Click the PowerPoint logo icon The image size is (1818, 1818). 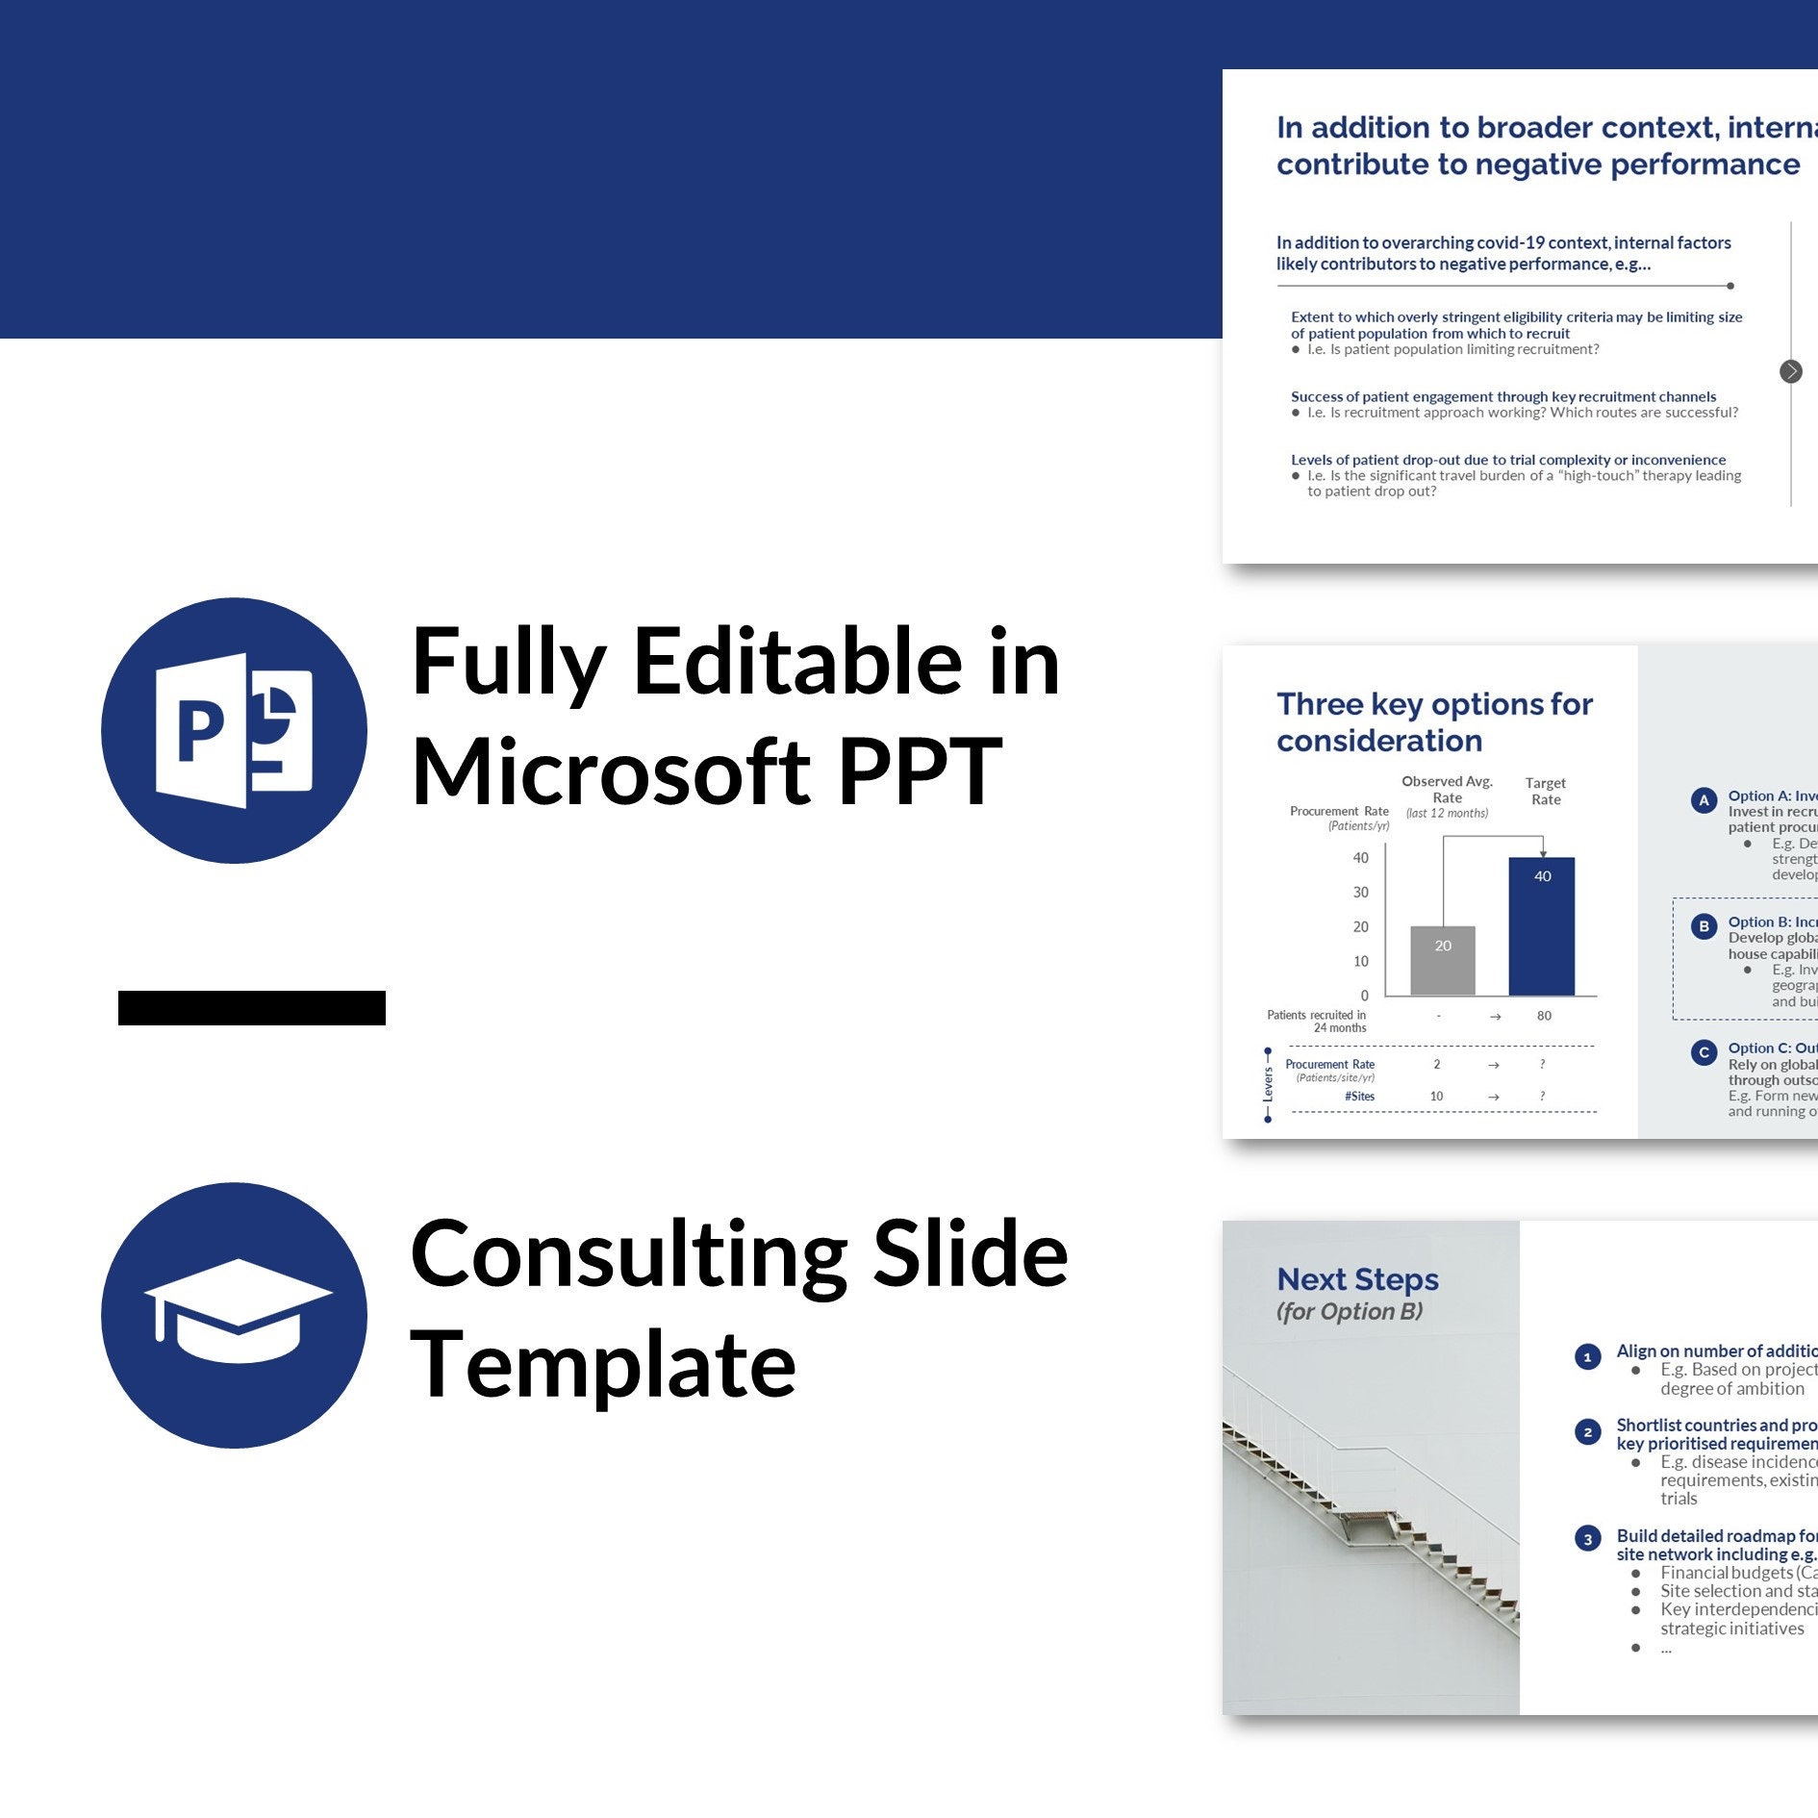pos(234,731)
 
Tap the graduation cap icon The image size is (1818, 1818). pos(234,1314)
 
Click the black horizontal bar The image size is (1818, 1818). pos(252,1008)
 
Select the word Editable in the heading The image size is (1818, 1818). pos(797,663)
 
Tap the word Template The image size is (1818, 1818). pos(603,1364)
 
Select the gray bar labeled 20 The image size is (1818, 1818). pos(1442,960)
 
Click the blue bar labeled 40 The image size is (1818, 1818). pos(1541,925)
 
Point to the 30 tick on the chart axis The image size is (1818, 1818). pos(1360,893)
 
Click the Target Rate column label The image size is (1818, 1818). pos(1546,792)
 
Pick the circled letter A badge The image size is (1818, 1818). pos(1704,800)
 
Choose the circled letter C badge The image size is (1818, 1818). pos(1704,1052)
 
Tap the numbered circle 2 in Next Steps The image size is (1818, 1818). pos(1587,1432)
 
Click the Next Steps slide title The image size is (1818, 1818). pos(1357,1279)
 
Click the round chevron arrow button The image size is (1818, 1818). pos(1790,371)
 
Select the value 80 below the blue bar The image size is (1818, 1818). pos(1544,1016)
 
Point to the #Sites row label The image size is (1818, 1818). pos(1359,1097)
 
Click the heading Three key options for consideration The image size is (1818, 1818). pos(1434,721)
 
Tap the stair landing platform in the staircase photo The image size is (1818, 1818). pos(1366,1520)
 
